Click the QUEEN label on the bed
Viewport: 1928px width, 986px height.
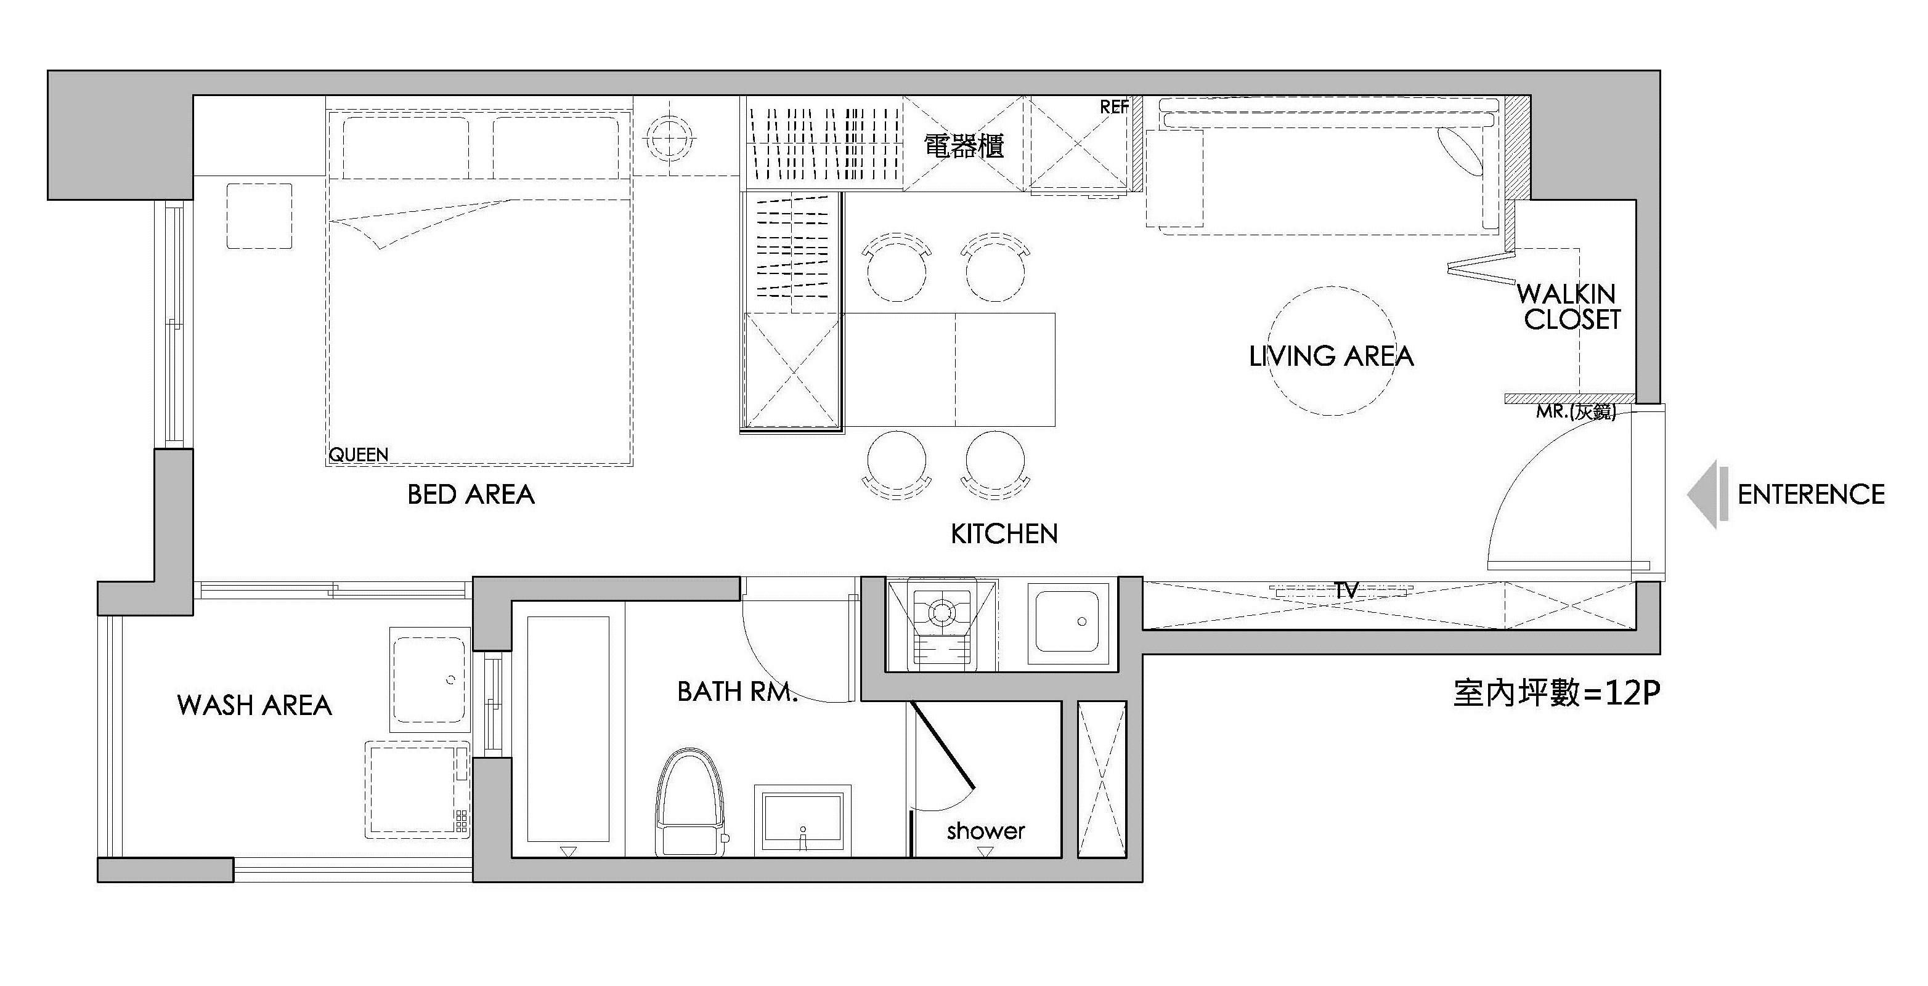359,454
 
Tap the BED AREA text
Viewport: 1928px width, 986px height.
471,495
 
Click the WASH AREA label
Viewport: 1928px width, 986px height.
254,705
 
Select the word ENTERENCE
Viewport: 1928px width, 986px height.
1810,495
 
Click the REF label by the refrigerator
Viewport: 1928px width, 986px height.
1113,108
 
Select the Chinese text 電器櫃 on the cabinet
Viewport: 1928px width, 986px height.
963,146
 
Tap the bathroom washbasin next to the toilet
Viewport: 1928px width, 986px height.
802,818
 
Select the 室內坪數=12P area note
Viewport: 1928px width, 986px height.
1556,693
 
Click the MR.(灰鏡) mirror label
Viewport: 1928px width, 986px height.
1576,412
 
